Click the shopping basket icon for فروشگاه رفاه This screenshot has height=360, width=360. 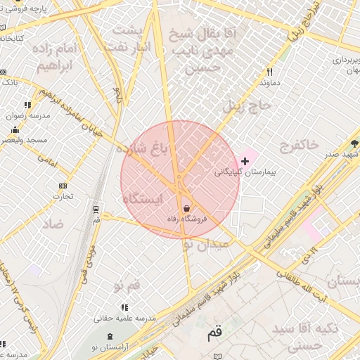point(186,208)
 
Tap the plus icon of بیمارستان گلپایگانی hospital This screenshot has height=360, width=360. point(245,162)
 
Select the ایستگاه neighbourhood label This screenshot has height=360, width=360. point(143,200)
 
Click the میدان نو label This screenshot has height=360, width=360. point(205,245)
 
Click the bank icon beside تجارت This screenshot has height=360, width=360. point(63,186)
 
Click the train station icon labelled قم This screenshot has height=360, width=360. point(96,209)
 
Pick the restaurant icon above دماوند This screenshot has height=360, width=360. point(269,72)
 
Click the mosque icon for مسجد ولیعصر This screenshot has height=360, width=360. point(15,129)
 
